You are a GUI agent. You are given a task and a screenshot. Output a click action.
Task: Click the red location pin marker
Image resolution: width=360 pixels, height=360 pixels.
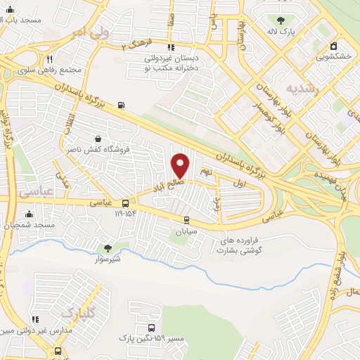[x=181, y=165]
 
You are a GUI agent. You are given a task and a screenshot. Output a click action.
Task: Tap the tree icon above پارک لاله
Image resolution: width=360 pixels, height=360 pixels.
[x=281, y=20]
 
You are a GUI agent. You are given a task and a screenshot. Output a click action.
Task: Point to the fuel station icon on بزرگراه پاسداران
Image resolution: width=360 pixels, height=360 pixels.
[x=122, y=105]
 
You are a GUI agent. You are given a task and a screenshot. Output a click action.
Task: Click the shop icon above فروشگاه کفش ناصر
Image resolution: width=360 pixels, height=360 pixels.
[x=97, y=138]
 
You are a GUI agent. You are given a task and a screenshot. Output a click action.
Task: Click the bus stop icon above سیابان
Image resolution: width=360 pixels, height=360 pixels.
[x=184, y=219]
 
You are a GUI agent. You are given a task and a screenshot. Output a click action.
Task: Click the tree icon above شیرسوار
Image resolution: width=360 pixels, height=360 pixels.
[x=108, y=247]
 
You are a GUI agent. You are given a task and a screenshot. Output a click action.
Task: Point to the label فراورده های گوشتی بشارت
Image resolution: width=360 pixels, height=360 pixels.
[x=243, y=245]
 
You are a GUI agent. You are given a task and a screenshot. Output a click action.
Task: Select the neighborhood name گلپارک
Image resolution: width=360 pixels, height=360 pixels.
[x=77, y=311]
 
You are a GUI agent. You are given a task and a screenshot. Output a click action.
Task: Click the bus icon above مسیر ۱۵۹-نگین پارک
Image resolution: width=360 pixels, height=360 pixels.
[x=152, y=328]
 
